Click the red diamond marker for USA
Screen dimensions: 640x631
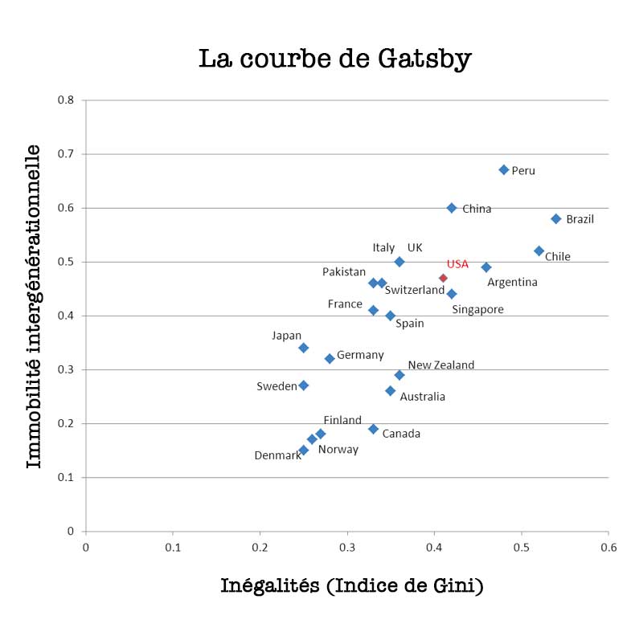[443, 278]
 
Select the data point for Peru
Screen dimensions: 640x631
[504, 169]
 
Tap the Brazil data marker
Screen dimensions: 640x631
[556, 218]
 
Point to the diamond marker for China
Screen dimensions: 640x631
[452, 207]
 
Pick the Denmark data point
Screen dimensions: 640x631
[304, 450]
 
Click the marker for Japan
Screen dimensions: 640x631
[304, 348]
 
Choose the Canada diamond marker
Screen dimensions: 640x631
[374, 429]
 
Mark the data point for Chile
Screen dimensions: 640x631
[539, 251]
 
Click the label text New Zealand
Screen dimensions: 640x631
[440, 365]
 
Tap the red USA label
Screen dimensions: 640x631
[457, 264]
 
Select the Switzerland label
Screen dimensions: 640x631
[414, 290]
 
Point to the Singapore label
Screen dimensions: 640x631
[477, 310]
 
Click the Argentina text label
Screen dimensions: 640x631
[512, 282]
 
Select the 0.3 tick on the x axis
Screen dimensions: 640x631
[347, 547]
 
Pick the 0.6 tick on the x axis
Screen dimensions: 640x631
[608, 547]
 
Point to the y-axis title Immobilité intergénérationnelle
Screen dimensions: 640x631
[34, 306]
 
